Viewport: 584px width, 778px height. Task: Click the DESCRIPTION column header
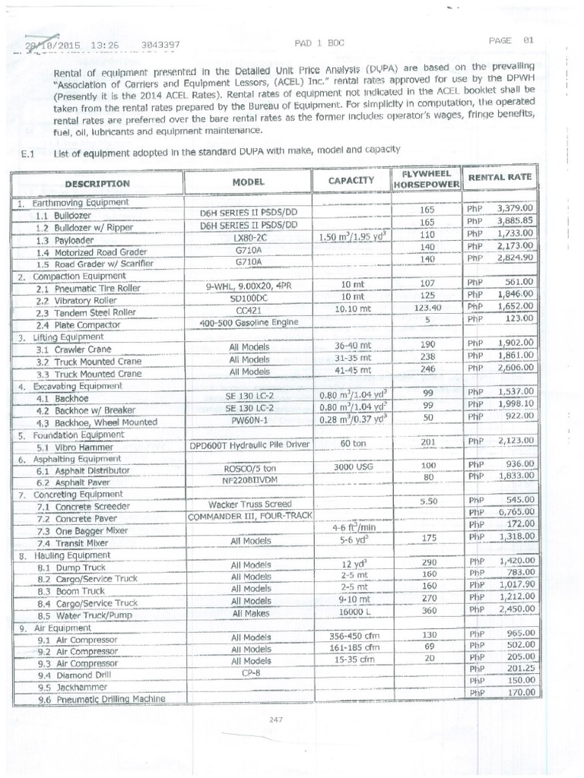(x=97, y=183)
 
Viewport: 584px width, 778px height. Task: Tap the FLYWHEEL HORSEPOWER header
(x=426, y=179)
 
